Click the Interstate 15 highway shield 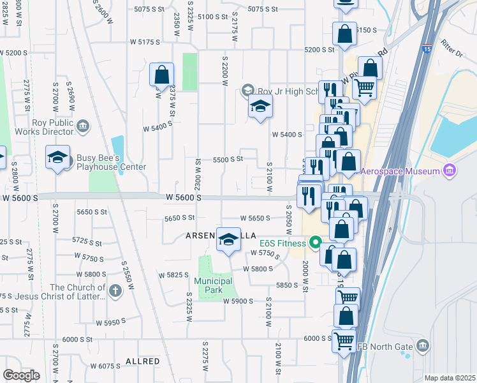point(427,49)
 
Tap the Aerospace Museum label point(403,171)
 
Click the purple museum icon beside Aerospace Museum point(450,170)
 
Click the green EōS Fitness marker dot point(314,242)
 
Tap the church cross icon point(115,291)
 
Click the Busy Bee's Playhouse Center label point(111,162)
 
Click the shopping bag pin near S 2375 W point(161,73)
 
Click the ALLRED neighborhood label point(143,361)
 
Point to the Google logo point(20,375)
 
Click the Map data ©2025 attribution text point(450,378)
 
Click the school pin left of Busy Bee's point(57,158)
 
